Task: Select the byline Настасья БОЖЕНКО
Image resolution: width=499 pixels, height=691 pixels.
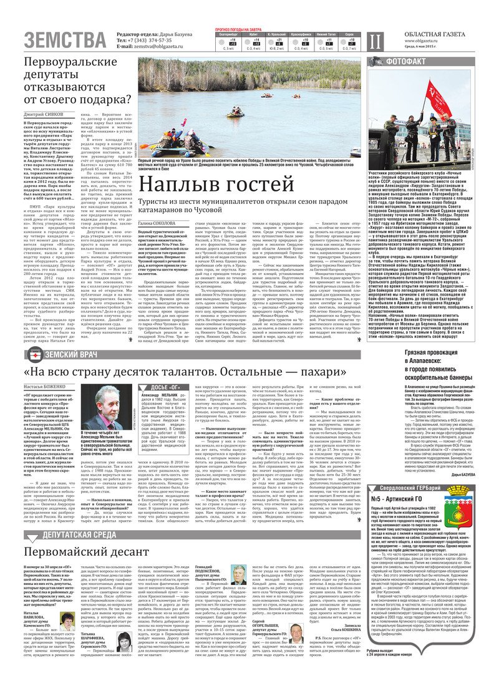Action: (42, 387)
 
